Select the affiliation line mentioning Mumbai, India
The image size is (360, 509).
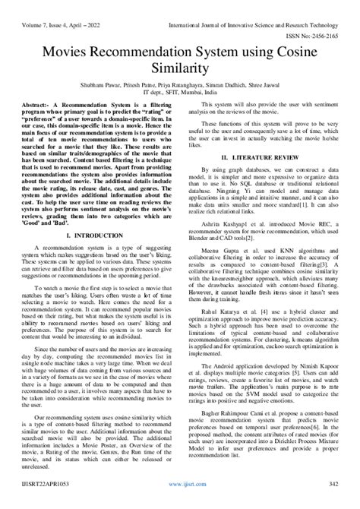[180, 91]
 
